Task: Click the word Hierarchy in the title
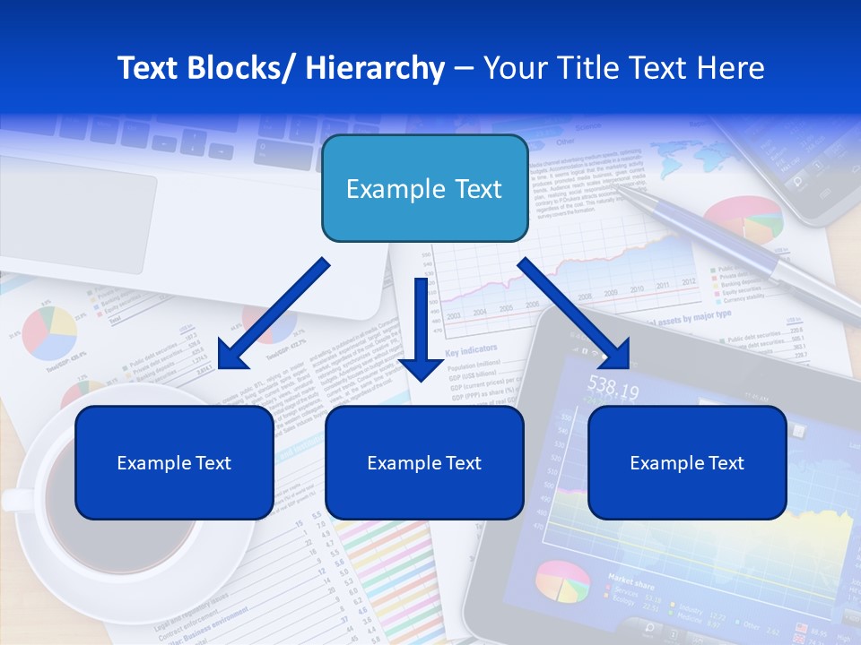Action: point(375,68)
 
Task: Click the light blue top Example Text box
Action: point(424,189)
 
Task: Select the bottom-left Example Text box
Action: point(174,462)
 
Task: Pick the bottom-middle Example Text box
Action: point(424,462)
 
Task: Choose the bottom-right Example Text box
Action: point(687,462)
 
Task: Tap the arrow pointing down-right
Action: point(575,314)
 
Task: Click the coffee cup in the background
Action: point(108,502)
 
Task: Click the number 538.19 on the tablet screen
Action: point(613,391)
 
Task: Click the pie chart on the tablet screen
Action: point(562,582)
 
